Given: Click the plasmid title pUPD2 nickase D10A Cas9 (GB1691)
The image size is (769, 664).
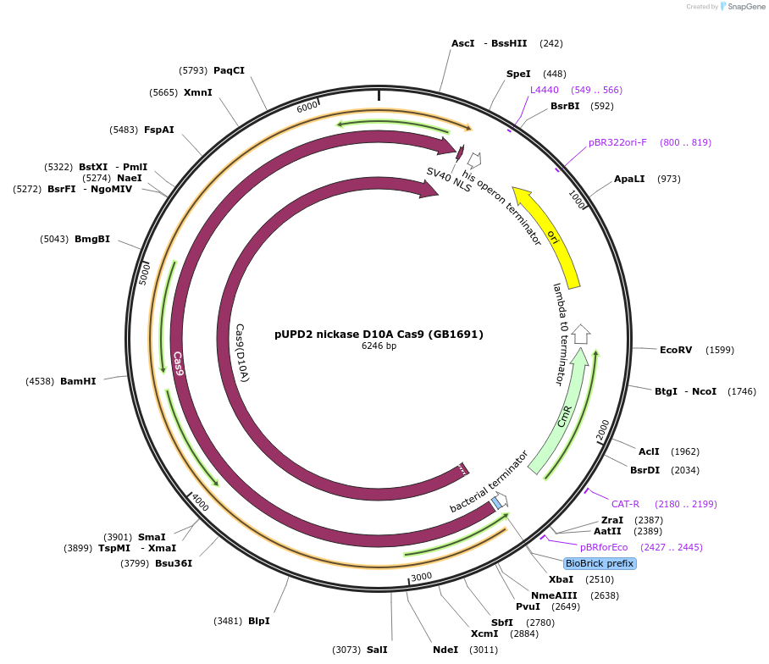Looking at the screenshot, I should click(379, 334).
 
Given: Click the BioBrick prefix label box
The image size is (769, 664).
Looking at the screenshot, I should click(600, 563).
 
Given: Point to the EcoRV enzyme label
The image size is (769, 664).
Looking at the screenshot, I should click(676, 350).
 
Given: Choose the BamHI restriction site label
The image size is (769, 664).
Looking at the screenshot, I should click(78, 381).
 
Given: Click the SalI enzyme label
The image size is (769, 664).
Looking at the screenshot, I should click(377, 650).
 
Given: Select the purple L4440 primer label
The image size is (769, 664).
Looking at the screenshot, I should click(545, 90).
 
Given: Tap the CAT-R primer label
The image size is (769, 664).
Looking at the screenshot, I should click(625, 504).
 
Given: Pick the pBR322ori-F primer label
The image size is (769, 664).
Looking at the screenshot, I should click(617, 142).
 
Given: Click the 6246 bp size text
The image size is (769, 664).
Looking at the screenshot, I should click(379, 346).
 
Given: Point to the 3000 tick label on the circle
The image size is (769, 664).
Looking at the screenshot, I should click(422, 578).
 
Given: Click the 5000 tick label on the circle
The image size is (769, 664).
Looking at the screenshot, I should click(144, 273).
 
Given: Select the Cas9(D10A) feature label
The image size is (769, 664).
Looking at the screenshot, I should click(242, 352).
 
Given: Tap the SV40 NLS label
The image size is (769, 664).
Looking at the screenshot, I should click(449, 179).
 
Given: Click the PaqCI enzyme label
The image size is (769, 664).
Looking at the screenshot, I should click(229, 70).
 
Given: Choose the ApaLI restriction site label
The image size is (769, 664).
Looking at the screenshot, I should click(629, 179).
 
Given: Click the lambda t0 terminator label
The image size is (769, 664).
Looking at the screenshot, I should click(559, 335).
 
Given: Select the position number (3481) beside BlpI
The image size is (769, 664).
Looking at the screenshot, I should click(228, 621).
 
